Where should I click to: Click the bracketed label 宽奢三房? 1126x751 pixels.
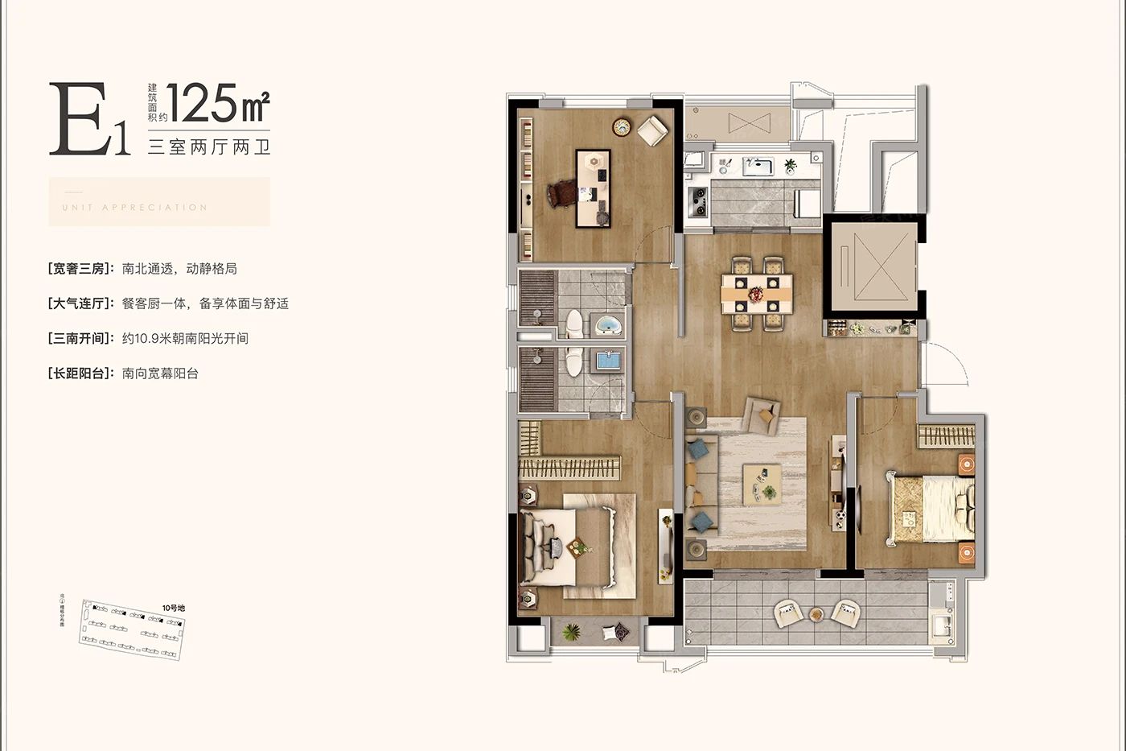(80, 269)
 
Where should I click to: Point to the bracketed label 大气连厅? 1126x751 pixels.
(80, 303)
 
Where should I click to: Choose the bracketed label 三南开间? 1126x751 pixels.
(80, 339)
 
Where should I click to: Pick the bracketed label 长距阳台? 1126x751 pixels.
(80, 373)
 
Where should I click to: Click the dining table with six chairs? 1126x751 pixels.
(756, 294)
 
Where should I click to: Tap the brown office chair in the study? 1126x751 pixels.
(561, 194)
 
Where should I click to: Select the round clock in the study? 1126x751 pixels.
(620, 126)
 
